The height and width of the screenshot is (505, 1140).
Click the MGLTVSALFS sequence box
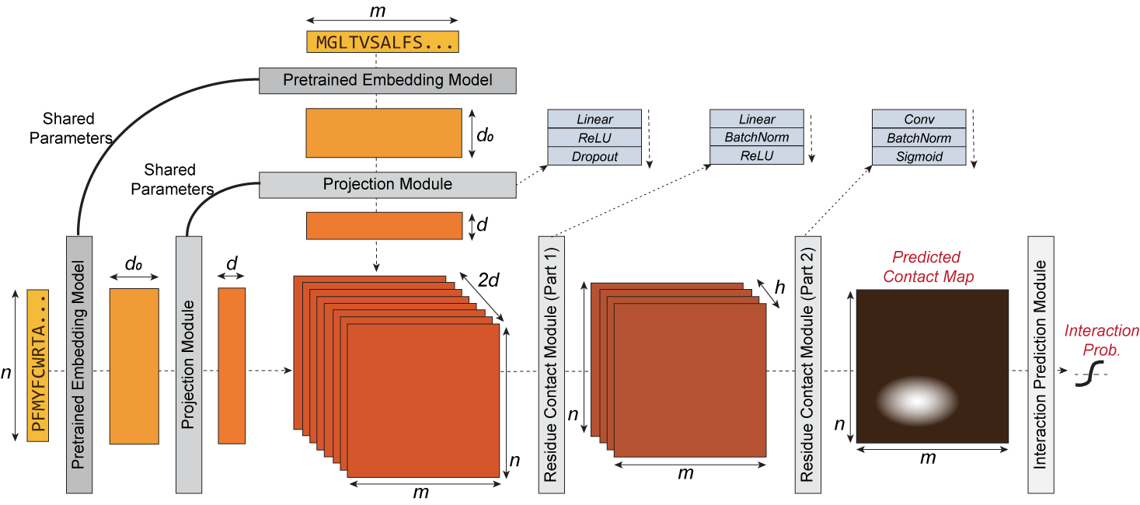382,42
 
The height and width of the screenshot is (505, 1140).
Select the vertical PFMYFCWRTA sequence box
38,365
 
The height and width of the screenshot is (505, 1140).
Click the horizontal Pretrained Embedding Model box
387,80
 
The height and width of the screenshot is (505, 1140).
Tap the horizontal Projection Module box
387,185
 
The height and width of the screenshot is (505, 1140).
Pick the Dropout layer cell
594,156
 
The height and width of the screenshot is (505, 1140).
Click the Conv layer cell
919,119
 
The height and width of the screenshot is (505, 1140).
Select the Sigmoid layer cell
919,156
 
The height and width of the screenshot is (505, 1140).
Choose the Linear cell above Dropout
594,119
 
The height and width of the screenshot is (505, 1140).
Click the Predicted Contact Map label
926,266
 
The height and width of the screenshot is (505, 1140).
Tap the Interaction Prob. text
1101,340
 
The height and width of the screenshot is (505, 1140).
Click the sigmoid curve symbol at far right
1091,376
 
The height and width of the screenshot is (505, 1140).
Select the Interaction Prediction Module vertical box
1040,364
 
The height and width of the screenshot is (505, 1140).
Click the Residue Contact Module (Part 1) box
550,364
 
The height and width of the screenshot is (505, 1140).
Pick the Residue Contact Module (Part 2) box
807,364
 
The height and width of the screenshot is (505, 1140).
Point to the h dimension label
779,287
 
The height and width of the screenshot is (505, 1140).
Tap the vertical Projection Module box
188,364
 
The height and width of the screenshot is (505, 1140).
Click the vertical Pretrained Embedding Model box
78,364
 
